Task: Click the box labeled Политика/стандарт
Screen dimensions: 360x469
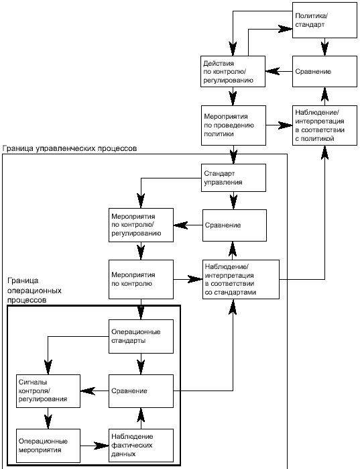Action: coord(324,20)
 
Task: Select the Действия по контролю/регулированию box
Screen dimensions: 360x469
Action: coord(233,72)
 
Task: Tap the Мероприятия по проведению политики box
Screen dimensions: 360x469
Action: coord(233,125)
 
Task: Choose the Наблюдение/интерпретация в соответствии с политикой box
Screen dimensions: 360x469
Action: coord(324,125)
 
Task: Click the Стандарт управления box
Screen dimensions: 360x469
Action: coord(233,178)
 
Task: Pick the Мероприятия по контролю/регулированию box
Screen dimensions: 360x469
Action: coord(141,225)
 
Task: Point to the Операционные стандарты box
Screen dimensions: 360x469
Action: coord(141,337)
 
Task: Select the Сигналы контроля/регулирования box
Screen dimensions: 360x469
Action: coord(48,391)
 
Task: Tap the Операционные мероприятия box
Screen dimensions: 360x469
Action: coord(48,446)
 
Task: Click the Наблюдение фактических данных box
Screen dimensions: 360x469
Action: coord(141,446)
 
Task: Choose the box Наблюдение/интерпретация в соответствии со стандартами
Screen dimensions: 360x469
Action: coord(241,279)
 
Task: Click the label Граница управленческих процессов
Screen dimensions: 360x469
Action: coord(70,148)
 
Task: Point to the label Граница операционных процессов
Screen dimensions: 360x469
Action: coord(34,290)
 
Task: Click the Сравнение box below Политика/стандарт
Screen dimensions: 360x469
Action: coord(324,72)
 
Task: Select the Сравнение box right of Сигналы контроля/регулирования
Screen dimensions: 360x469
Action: coord(141,391)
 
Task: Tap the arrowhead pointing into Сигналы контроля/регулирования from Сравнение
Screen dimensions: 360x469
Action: coord(88,391)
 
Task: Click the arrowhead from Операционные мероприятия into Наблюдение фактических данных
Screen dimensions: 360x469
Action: coord(101,446)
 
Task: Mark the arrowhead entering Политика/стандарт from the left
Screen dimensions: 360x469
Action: coord(285,29)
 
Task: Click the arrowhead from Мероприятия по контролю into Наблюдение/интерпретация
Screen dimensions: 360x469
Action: coord(195,279)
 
